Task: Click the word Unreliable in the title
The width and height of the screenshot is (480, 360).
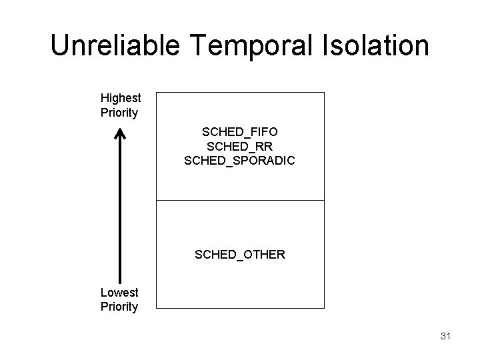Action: pyautogui.click(x=112, y=46)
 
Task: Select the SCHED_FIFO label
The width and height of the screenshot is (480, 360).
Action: pyautogui.click(x=240, y=133)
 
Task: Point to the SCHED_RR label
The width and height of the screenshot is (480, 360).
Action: pyautogui.click(x=240, y=147)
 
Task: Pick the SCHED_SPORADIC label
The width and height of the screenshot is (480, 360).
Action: pyautogui.click(x=240, y=161)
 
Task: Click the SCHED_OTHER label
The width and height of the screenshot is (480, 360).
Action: pyautogui.click(x=240, y=254)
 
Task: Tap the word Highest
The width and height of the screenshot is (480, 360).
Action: pyautogui.click(x=121, y=98)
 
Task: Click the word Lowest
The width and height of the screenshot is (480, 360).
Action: pyautogui.click(x=119, y=292)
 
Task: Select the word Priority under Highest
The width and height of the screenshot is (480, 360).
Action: pyautogui.click(x=119, y=112)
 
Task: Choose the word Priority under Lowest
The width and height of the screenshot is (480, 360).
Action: pyautogui.click(x=119, y=307)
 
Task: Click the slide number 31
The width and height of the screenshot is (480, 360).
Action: pyautogui.click(x=446, y=337)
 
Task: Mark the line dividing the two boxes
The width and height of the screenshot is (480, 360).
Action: pyautogui.click(x=240, y=200)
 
